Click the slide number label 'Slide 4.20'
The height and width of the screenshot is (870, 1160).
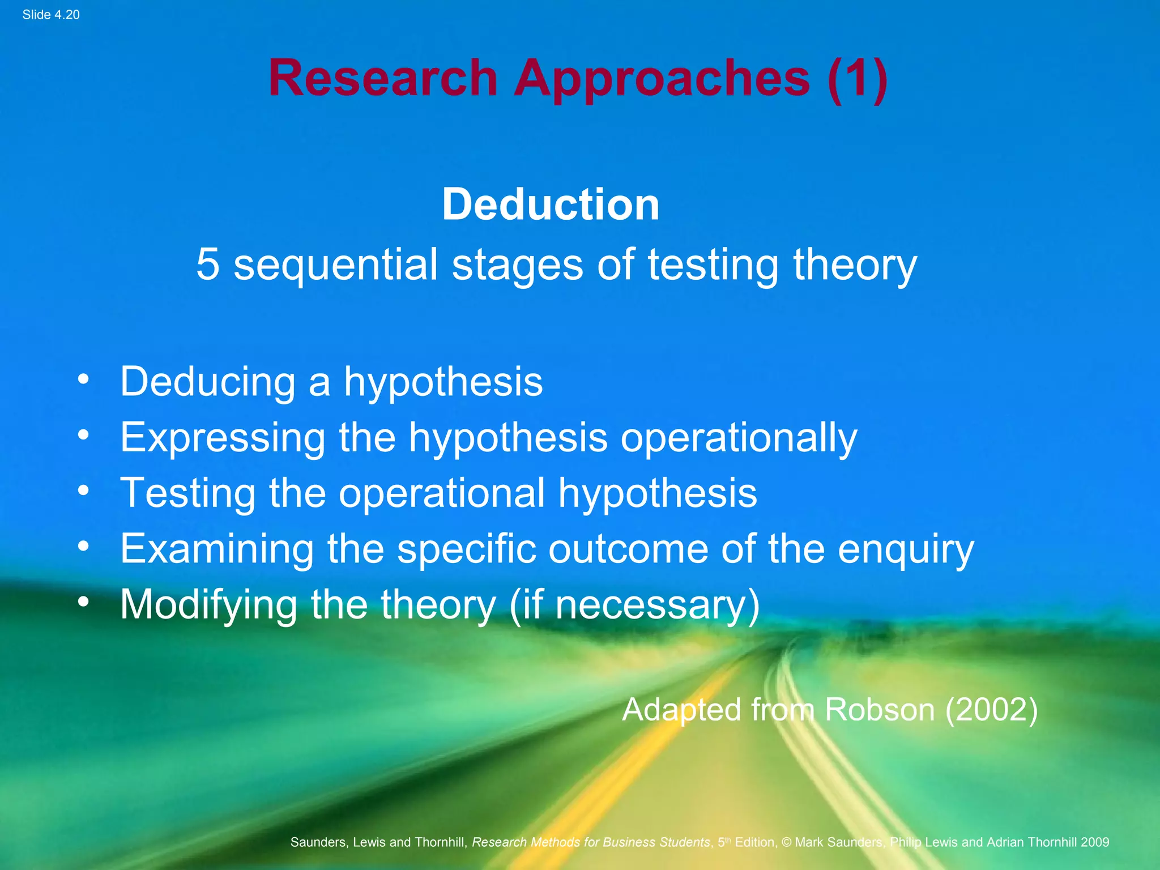point(51,15)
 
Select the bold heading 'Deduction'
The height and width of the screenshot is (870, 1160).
point(551,204)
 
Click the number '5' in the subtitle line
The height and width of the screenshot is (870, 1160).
point(208,264)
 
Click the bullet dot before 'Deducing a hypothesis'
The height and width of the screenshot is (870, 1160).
point(84,379)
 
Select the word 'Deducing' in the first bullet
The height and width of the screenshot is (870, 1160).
point(207,382)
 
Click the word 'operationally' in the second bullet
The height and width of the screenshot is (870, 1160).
point(739,438)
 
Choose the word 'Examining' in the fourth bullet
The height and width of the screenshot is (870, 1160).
point(217,549)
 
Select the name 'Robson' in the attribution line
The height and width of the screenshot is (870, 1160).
point(879,710)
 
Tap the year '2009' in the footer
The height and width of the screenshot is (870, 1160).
point(1094,842)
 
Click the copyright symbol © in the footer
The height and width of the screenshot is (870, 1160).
point(786,842)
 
